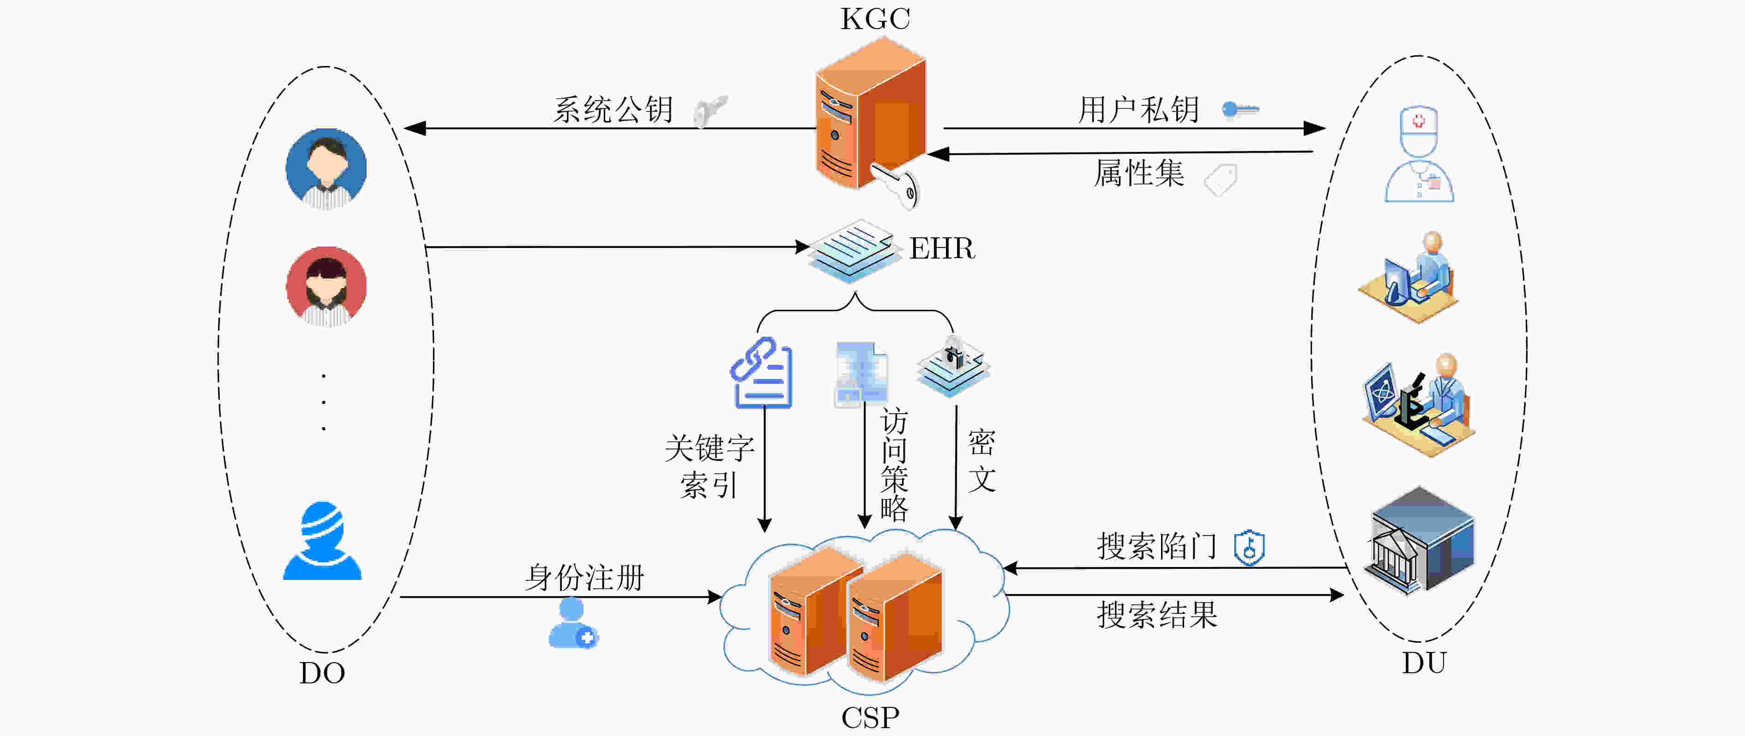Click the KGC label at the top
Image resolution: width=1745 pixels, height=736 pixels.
click(875, 19)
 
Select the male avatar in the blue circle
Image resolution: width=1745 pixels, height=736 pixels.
click(326, 168)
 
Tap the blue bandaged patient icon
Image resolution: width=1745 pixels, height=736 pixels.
click(322, 541)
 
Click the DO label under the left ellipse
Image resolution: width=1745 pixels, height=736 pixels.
click(322, 673)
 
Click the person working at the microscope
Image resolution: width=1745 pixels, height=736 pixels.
click(1419, 404)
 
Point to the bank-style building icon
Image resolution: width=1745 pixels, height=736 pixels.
click(1419, 540)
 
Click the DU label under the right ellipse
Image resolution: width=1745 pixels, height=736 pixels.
click(1424, 663)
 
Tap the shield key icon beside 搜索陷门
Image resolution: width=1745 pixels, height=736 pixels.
click(1249, 547)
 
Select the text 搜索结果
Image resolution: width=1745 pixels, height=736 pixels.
click(1157, 615)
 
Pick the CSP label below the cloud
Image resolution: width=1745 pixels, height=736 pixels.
click(871, 718)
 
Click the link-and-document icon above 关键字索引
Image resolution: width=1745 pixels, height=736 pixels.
click(761, 373)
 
